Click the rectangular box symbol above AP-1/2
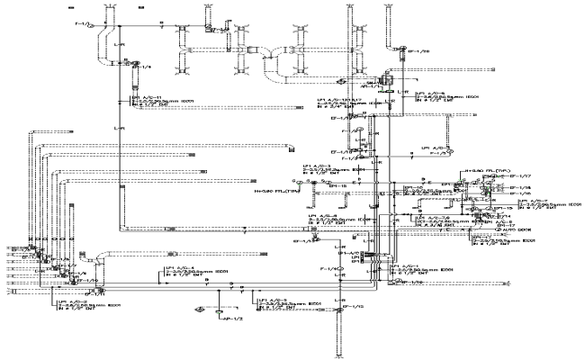[x=220, y=310]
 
